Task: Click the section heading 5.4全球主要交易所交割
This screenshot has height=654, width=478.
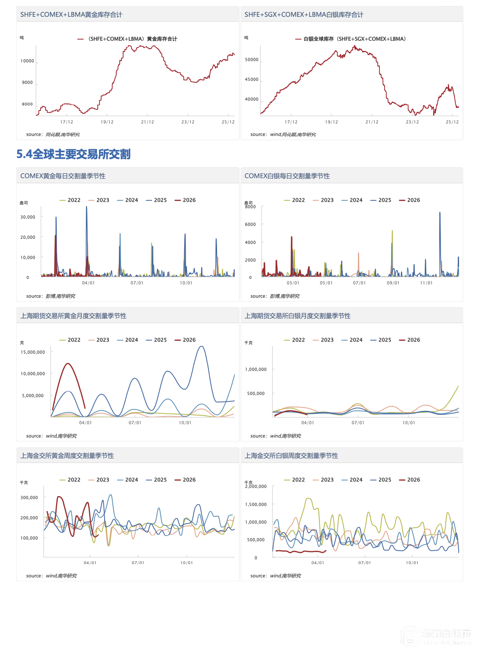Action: (73, 154)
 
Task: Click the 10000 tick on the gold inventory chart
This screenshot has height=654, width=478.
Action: (28, 61)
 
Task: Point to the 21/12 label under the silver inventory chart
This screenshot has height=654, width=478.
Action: (372, 122)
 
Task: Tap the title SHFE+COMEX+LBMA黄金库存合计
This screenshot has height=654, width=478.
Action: (71, 15)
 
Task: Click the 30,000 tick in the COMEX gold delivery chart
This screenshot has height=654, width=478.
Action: (28, 217)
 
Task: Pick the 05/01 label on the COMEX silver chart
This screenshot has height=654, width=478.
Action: (326, 283)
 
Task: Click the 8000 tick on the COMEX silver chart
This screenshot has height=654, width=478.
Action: (250, 207)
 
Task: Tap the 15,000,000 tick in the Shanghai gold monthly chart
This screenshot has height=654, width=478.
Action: (33, 352)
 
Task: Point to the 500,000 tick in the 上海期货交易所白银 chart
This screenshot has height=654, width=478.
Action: (256, 394)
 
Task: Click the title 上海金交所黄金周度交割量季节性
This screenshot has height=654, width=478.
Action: (67, 456)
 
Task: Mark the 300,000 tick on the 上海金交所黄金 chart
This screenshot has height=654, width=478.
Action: (29, 498)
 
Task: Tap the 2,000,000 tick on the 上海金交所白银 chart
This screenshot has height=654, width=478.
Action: (256, 487)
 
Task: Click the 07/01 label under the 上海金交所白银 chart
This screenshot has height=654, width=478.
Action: (364, 563)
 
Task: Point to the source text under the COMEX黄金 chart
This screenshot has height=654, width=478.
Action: (51, 296)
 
